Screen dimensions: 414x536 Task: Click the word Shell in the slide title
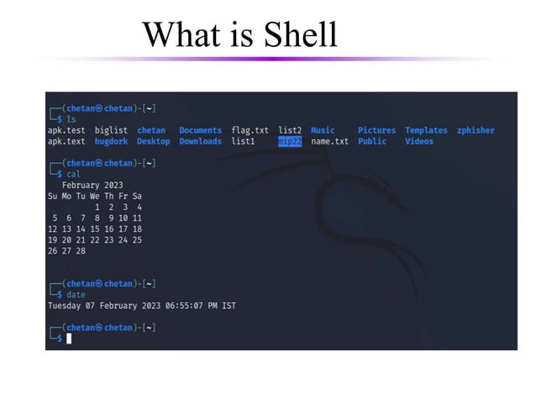point(300,34)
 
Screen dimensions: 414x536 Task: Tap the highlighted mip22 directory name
point(290,142)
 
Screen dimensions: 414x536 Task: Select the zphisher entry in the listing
point(476,131)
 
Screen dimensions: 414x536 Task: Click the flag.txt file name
point(250,131)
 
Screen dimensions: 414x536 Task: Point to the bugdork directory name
point(111,142)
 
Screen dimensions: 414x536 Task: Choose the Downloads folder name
point(200,142)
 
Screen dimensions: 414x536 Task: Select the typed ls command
point(71,120)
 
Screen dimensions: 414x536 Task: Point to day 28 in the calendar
point(81,250)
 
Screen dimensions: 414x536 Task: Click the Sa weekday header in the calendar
point(137,196)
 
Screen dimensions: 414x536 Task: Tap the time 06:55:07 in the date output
point(192,306)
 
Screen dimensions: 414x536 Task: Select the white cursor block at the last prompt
point(69,338)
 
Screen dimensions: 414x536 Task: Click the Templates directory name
point(426,131)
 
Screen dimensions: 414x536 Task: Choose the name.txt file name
point(329,142)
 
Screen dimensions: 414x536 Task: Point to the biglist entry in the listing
point(111,131)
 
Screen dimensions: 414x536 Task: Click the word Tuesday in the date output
point(64,306)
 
